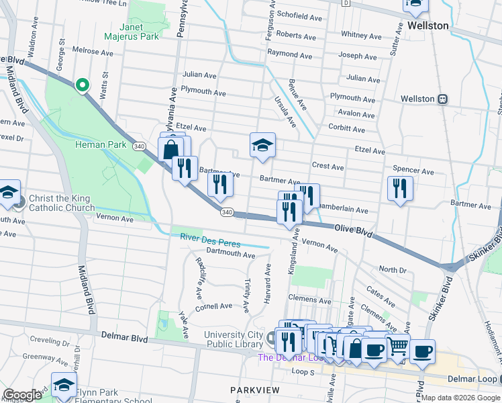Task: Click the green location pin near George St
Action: coord(82,85)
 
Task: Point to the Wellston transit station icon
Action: coord(443,99)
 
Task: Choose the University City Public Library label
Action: coord(232,339)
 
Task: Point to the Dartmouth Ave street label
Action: coord(231,255)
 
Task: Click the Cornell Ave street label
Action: coord(213,306)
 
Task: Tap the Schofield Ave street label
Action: coord(300,14)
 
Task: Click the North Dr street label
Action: coord(393,269)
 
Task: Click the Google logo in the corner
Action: coord(22,395)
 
